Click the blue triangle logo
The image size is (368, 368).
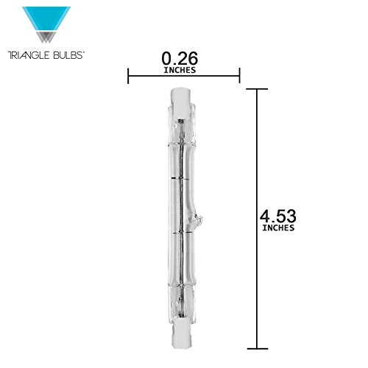[x=46, y=19]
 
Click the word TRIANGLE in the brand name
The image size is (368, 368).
[x=26, y=55]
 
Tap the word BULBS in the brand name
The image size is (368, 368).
[x=66, y=55]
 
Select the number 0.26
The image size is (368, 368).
[x=180, y=59]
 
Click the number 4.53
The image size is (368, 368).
[x=278, y=216]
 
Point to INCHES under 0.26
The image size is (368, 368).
[x=180, y=70]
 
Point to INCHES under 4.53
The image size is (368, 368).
[x=278, y=228]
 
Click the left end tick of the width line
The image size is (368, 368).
[x=128, y=76]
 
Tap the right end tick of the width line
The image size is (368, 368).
[x=239, y=76]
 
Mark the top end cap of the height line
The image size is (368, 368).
[x=257, y=89]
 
